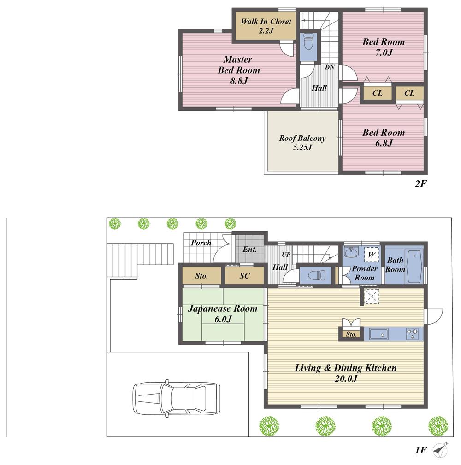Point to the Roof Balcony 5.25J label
coord(302,143)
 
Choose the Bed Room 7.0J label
coord(383,47)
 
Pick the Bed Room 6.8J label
coord(383,138)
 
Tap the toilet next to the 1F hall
coord(316,276)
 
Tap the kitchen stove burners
coord(412,334)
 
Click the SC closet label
coord(244,276)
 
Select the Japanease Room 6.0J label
coord(222,314)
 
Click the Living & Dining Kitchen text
coord(345,373)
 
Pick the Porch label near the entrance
coord(201,243)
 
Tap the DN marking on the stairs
coord(330,67)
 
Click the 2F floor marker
coord(421,184)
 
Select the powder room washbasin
coord(352,253)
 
